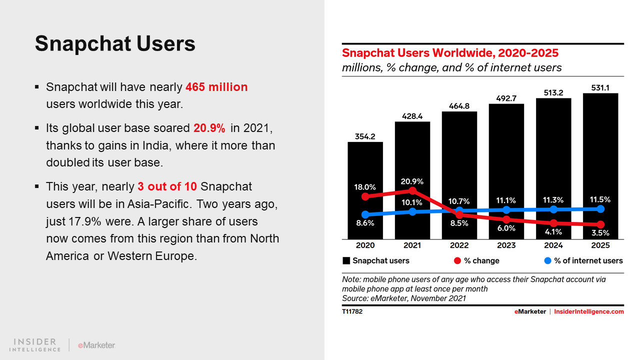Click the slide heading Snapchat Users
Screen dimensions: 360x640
click(115, 44)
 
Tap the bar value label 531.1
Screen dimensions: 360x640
click(600, 87)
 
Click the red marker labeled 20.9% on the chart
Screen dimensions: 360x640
click(412, 190)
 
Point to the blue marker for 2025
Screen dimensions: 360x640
click(601, 209)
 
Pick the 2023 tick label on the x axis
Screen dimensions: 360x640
click(506, 245)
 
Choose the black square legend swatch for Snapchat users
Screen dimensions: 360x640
click(346, 260)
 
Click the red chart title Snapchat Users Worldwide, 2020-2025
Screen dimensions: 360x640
click(450, 53)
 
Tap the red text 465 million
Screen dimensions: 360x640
click(216, 87)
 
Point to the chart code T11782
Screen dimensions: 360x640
click(352, 311)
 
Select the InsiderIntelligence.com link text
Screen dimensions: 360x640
click(589, 311)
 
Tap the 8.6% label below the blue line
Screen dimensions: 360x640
click(365, 223)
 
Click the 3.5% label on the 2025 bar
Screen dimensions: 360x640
click(600, 232)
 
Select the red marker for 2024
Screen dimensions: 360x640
click(553, 223)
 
